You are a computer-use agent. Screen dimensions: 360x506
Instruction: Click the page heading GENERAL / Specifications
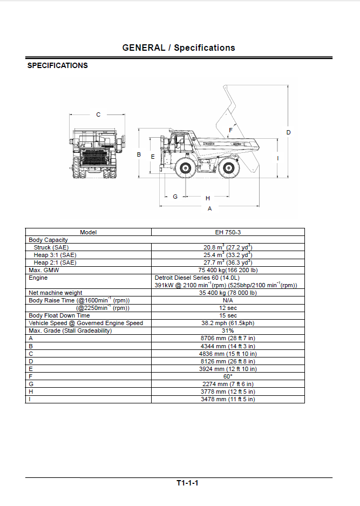pyautogui.click(x=179, y=48)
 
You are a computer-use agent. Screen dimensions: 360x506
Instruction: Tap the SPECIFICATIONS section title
pyautogui.click(x=57, y=65)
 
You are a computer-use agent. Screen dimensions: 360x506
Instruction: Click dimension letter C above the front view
pyautogui.click(x=98, y=114)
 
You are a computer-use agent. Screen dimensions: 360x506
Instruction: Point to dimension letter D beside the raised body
pyautogui.click(x=288, y=132)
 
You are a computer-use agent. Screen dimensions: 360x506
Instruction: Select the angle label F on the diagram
pyautogui.click(x=230, y=130)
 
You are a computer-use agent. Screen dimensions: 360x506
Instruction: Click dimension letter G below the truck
pyautogui.click(x=175, y=197)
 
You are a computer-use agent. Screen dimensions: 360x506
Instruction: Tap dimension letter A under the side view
pyautogui.click(x=209, y=209)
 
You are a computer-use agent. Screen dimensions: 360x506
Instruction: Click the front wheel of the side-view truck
pyautogui.click(x=186, y=168)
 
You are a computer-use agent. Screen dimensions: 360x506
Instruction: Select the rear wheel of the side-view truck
pyautogui.click(x=229, y=168)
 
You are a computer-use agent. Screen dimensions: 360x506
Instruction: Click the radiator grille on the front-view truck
pyautogui.click(x=97, y=159)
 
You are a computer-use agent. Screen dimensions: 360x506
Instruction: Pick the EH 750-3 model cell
pyautogui.click(x=228, y=232)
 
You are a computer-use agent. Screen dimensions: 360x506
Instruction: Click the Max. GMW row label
pyautogui.click(x=44, y=270)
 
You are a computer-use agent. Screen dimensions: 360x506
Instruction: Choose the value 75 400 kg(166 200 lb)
pyautogui.click(x=228, y=270)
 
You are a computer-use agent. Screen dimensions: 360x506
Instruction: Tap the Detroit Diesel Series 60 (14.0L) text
pyautogui.click(x=197, y=278)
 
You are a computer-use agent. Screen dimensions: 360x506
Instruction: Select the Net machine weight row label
pyautogui.click(x=56, y=293)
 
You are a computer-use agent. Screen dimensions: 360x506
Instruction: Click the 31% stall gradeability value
pyautogui.click(x=228, y=331)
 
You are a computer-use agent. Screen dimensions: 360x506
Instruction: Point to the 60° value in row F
pyautogui.click(x=228, y=376)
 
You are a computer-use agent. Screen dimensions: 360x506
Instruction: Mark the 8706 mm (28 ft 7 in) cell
pyautogui.click(x=228, y=338)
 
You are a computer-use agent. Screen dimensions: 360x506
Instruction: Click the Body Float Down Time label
pyautogui.click(x=59, y=315)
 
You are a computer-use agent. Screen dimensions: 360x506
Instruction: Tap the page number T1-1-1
pyautogui.click(x=187, y=483)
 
